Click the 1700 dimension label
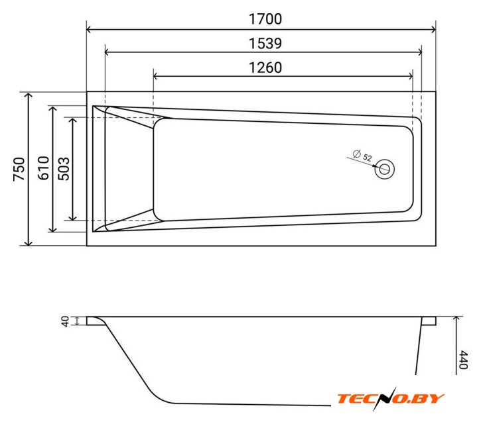pyautogui.click(x=265, y=19)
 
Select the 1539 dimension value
pyautogui.click(x=265, y=44)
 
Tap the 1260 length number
pyautogui.click(x=265, y=68)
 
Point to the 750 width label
pyautogui.click(x=19, y=169)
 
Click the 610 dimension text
pyautogui.click(x=43, y=168)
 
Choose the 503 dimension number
pyautogui.click(x=64, y=168)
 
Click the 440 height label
pyautogui.click(x=463, y=360)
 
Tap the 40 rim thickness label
pyautogui.click(x=65, y=321)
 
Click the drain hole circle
pyautogui.click(x=384, y=169)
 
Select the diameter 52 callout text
pyautogui.click(x=362, y=156)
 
